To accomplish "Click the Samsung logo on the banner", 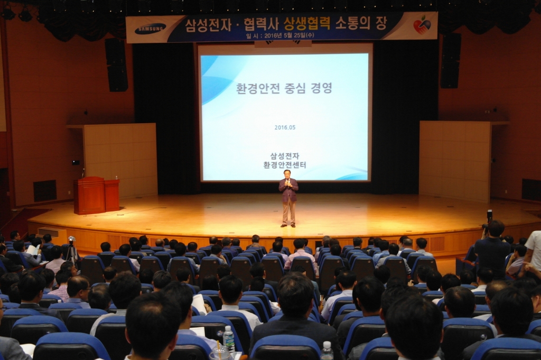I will click(x=150, y=29).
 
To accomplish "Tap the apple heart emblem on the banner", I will click(x=422, y=25).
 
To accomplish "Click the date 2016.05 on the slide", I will click(x=285, y=127).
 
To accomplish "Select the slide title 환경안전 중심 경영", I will click(x=284, y=88).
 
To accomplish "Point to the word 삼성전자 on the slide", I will click(x=285, y=156).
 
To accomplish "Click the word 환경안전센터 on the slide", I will click(x=285, y=165).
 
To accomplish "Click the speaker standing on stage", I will click(x=288, y=197).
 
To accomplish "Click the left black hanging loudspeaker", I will click(x=116, y=64).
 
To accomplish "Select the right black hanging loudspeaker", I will click(x=451, y=61).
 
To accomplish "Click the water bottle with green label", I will click(x=229, y=339).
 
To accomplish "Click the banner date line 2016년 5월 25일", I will click(x=286, y=36).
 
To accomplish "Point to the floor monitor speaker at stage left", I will click(x=45, y=190).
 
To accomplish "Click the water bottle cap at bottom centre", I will click(x=327, y=344).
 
